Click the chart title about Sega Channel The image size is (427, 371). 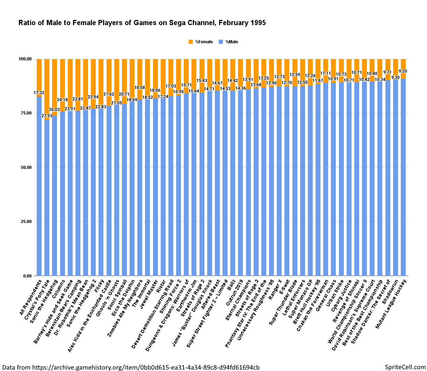pyautogui.click(x=142, y=23)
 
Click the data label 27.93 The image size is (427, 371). pyautogui.click(x=47, y=116)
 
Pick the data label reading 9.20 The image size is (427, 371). pyautogui.click(x=403, y=71)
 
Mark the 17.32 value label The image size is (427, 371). pyautogui.click(x=39, y=93)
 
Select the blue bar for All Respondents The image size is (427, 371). pyautogui.click(x=39, y=185)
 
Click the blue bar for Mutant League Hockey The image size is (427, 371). pyautogui.click(x=403, y=178)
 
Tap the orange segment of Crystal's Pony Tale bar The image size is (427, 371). pyautogui.click(x=47, y=87)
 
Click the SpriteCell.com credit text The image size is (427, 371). pyautogui.click(x=405, y=367)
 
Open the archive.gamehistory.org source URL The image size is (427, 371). pyautogui.click(x=146, y=367)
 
